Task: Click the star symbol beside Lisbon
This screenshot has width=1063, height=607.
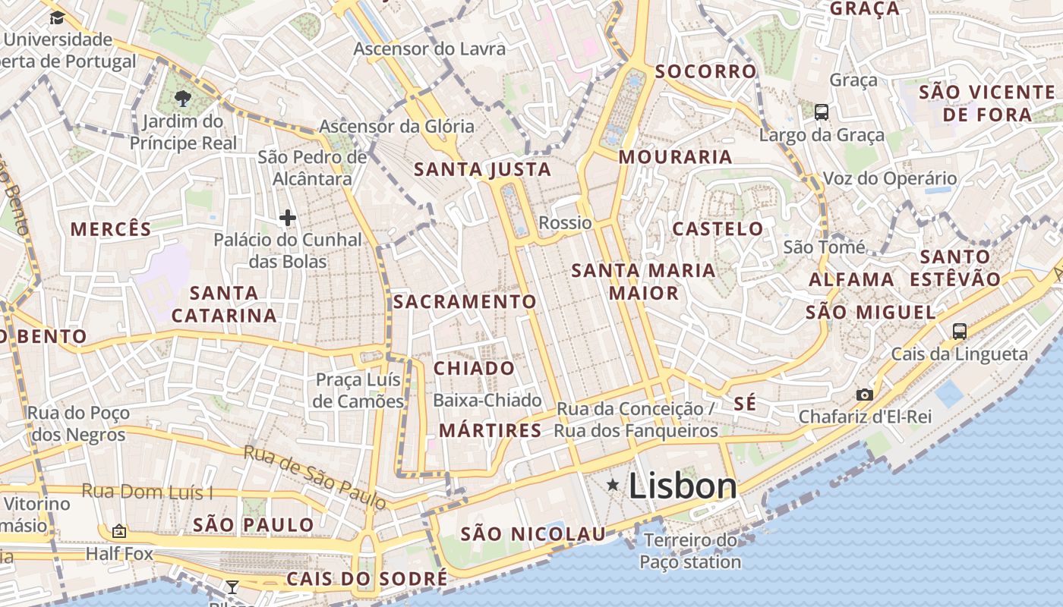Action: tap(612, 485)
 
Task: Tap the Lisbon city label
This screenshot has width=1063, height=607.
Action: tap(683, 486)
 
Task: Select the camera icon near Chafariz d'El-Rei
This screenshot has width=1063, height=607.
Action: tap(864, 395)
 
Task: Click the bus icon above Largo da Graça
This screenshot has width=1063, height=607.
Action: tap(821, 112)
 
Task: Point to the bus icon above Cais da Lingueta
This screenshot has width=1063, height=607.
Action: tap(960, 331)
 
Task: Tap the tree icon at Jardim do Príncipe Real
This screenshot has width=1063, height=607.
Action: tap(182, 98)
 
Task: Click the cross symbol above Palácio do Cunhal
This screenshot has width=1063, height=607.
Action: tap(287, 219)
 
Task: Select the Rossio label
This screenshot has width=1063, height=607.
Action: tap(565, 222)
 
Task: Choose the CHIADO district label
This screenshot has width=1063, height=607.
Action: tap(474, 369)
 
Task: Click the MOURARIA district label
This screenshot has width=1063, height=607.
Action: tap(675, 157)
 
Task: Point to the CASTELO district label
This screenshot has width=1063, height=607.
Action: tap(718, 228)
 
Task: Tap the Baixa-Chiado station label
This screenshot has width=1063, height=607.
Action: tap(487, 400)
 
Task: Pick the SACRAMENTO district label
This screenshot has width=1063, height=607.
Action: tap(465, 302)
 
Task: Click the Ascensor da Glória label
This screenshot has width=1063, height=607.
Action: tap(396, 126)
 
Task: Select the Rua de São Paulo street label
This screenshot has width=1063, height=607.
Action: tap(314, 477)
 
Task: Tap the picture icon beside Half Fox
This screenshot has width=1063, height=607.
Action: tap(118, 531)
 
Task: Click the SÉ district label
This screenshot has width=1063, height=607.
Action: tap(745, 404)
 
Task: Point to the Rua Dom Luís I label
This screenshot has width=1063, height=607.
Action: tap(147, 492)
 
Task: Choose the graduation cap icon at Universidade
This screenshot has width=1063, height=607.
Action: tap(57, 17)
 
